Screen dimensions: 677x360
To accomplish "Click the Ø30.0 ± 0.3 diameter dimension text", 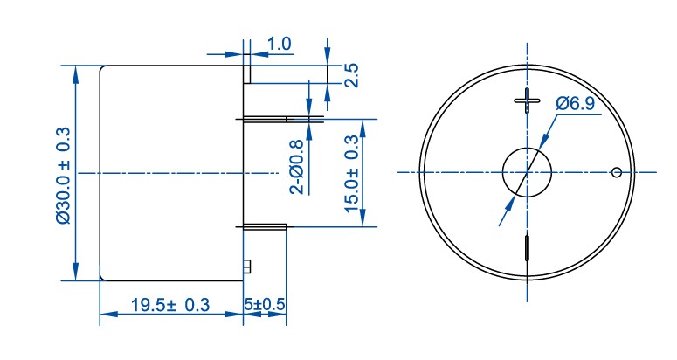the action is pos(63,176).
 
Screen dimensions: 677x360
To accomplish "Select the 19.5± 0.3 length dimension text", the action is pos(170,305).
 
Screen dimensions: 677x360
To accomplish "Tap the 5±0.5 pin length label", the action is pos(264,304).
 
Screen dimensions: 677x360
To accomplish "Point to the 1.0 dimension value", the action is pos(280,44).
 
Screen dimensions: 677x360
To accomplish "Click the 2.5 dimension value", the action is pos(352,75).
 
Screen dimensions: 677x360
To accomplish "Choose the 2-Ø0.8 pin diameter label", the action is pos(297,167).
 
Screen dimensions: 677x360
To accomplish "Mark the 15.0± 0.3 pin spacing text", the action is pos(352,174).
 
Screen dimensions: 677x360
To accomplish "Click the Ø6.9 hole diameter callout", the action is pos(575,104).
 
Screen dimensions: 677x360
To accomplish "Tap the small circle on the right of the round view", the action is pos(617,172).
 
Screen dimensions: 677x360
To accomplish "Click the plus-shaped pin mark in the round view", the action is pos(527,100).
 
